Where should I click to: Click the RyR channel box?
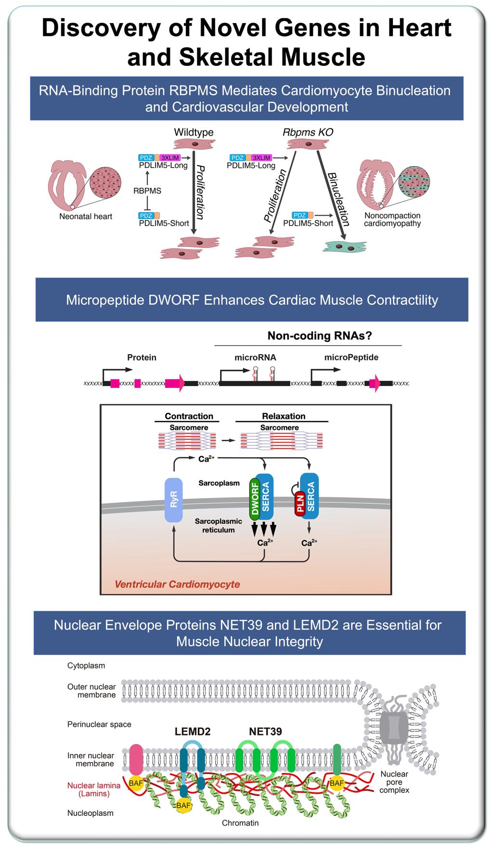(x=174, y=500)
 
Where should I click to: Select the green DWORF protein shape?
(x=255, y=501)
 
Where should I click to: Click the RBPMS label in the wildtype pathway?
(x=147, y=191)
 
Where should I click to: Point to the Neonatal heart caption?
(x=86, y=217)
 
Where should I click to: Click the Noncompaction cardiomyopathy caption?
(x=392, y=219)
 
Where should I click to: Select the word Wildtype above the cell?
(x=194, y=132)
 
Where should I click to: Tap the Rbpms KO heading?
(x=308, y=132)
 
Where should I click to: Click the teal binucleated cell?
(x=346, y=246)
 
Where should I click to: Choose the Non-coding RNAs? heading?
(x=320, y=336)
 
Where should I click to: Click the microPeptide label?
(x=351, y=358)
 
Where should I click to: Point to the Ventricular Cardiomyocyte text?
(x=177, y=584)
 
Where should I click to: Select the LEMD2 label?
(x=192, y=732)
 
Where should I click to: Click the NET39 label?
(x=265, y=732)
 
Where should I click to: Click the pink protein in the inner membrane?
(x=136, y=759)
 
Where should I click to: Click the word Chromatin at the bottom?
(x=240, y=823)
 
